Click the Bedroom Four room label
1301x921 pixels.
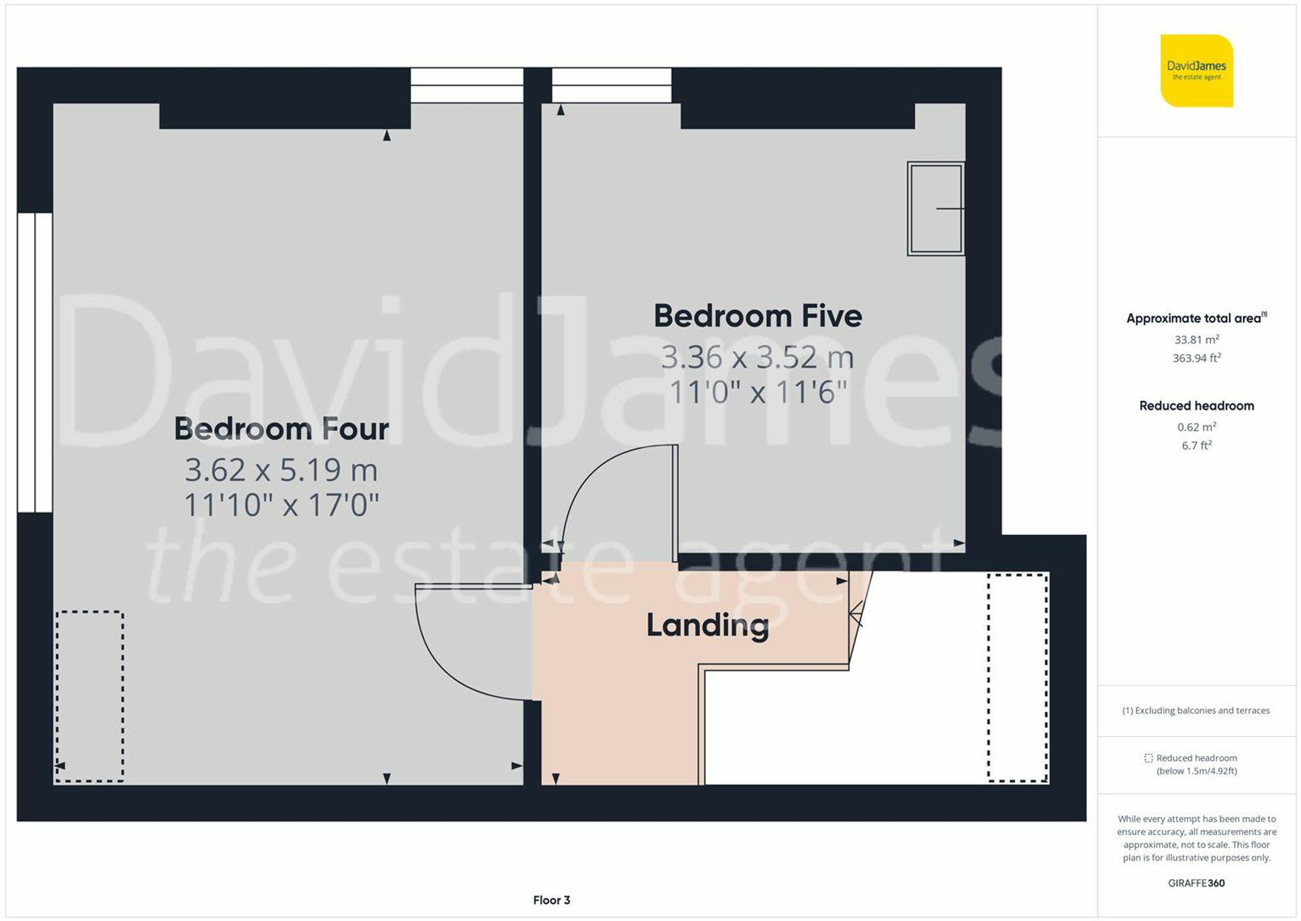281,429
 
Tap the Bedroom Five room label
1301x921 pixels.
758,316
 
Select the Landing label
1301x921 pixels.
708,625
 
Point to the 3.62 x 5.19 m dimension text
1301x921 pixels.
281,470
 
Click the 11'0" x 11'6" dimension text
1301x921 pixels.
758,392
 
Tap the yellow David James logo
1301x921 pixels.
1196,71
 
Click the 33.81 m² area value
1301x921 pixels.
1196,339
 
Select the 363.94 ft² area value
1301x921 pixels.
1196,357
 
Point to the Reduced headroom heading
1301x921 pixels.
1196,406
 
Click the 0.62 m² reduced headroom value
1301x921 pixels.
1196,427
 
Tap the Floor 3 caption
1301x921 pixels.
552,900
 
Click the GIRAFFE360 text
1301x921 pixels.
1196,883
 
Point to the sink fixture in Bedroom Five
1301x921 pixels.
936,208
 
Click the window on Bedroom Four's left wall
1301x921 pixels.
35,363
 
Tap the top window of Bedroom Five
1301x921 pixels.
611,85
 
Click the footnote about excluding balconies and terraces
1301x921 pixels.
1196,711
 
